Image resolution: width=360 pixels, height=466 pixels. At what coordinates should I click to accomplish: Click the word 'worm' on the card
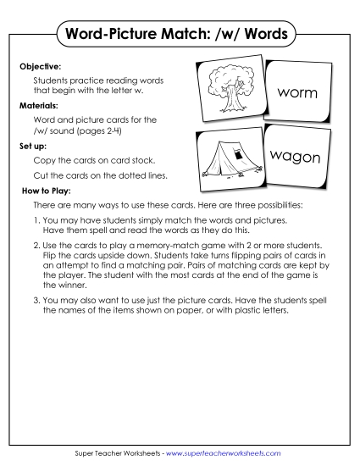296,91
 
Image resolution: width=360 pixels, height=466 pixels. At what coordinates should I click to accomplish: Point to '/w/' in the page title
231,35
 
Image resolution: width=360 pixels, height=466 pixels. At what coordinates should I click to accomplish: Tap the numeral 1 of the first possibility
36,219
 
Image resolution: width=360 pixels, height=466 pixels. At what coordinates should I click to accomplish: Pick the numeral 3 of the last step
36,300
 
